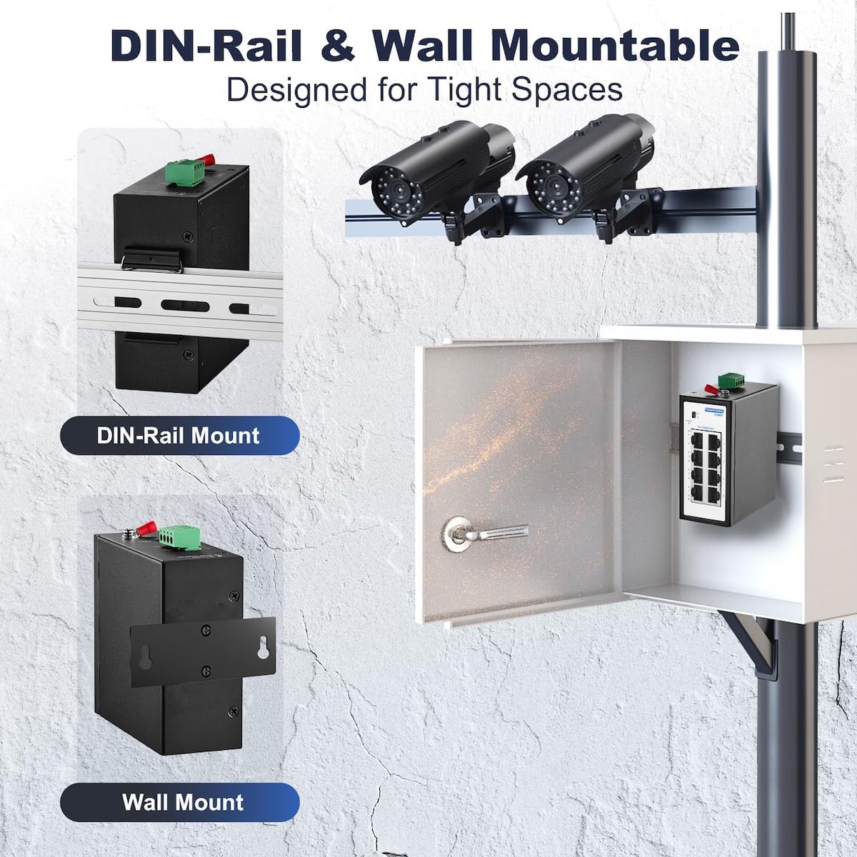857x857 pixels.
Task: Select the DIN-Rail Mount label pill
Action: click(x=179, y=435)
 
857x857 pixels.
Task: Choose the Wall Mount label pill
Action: click(x=182, y=801)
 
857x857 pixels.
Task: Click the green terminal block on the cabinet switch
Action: click(x=729, y=381)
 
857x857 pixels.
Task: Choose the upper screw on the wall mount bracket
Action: click(x=206, y=628)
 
